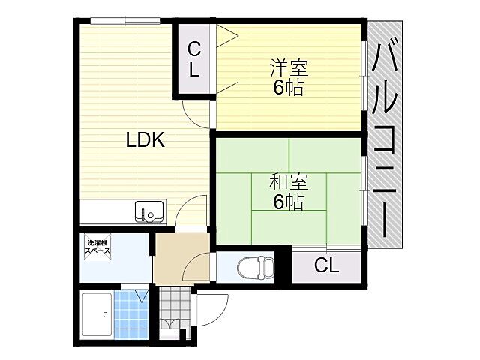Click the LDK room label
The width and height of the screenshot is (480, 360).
tap(145, 139)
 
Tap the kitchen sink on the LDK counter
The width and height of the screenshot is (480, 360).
tap(148, 212)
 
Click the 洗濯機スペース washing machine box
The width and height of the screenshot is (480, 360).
tap(98, 247)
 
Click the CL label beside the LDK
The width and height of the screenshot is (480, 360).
tap(193, 60)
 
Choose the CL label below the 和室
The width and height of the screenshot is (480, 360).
tap(325, 265)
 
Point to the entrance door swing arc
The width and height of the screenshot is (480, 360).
tap(214, 308)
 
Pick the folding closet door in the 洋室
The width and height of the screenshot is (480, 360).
tap(226, 60)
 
